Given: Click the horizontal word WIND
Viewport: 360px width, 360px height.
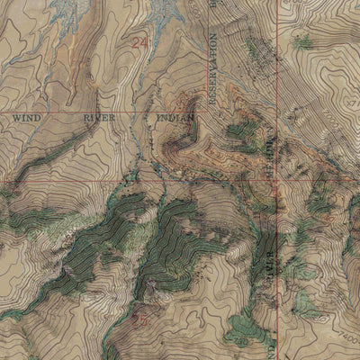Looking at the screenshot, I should [28, 117].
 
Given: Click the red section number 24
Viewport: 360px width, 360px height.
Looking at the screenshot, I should [139, 41].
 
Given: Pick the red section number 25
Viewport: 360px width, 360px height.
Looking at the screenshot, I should [139, 317].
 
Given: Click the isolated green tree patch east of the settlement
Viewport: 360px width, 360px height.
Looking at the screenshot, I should [304, 40].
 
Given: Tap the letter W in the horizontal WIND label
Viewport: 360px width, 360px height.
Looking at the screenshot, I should [17, 117].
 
